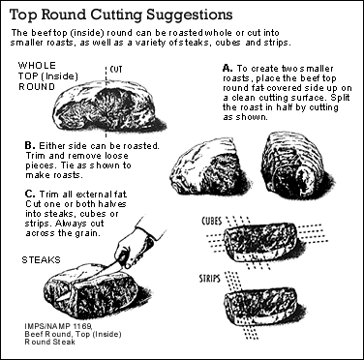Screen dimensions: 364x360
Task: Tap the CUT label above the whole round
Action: point(116,70)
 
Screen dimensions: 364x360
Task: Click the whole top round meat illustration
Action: point(108,105)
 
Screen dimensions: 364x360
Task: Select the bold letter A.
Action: point(227,68)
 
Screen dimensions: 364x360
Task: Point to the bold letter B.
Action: point(30,145)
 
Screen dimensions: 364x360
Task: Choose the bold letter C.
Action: point(30,195)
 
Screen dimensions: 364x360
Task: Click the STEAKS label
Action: point(41,259)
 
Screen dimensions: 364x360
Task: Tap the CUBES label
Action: point(212,221)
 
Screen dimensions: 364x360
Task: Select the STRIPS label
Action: point(210,278)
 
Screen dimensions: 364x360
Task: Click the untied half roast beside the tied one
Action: point(208,167)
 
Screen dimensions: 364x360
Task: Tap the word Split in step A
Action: point(340,98)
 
